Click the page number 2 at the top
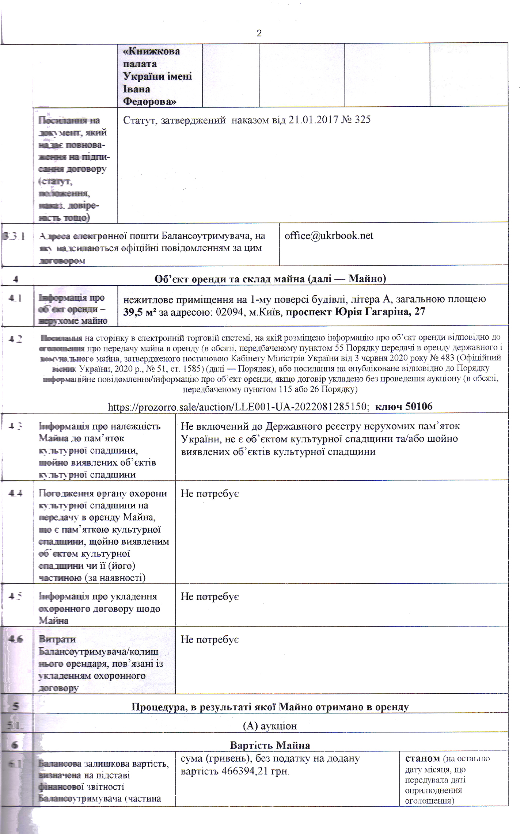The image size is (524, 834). [x=259, y=34]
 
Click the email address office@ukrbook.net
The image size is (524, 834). [x=329, y=236]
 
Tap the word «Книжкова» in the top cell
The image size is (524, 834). [x=152, y=51]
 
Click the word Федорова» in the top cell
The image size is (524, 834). [x=149, y=101]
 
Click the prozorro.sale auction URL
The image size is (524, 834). [x=238, y=407]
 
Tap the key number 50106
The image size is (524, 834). [x=419, y=406]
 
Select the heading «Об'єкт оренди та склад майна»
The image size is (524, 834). [x=270, y=279]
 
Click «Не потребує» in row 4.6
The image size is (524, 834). [x=210, y=640]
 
